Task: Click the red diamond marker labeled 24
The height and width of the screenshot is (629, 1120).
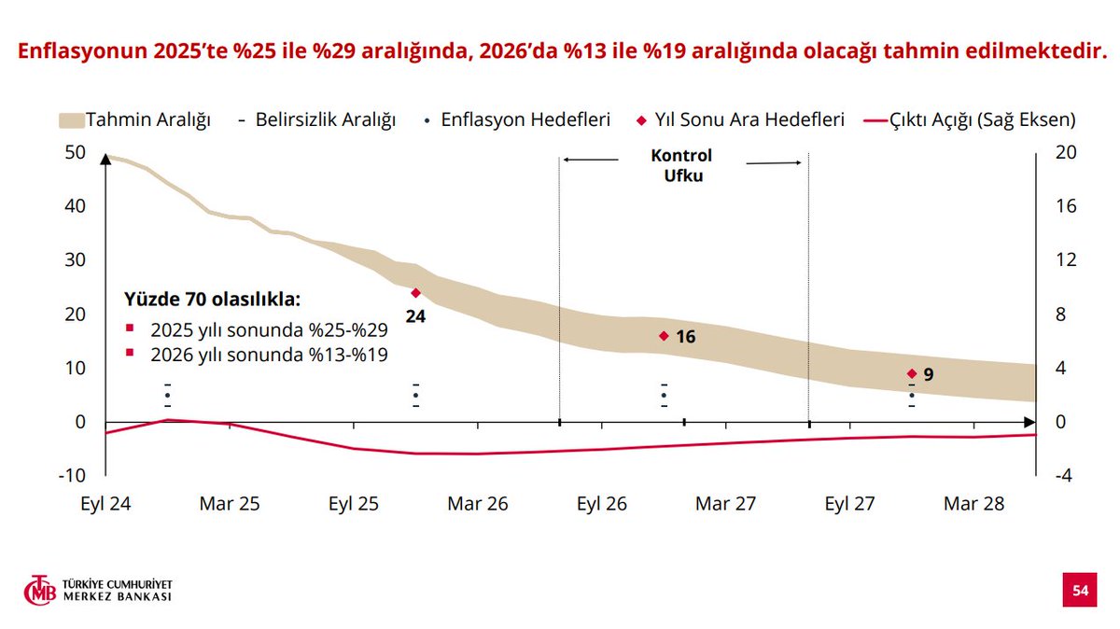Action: [416, 293]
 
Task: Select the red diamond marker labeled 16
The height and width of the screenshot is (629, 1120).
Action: [664, 336]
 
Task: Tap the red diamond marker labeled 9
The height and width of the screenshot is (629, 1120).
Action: [912, 373]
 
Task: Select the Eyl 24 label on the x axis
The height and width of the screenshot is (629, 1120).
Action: [105, 504]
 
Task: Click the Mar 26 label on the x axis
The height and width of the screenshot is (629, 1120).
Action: [478, 504]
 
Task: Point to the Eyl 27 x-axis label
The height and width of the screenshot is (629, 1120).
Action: [849, 504]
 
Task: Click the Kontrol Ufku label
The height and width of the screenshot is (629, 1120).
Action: [680, 165]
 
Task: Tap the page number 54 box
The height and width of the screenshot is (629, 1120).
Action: [1080, 591]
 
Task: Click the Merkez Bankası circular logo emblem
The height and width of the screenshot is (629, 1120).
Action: [40, 591]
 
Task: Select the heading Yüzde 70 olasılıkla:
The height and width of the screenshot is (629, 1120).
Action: [213, 301]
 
